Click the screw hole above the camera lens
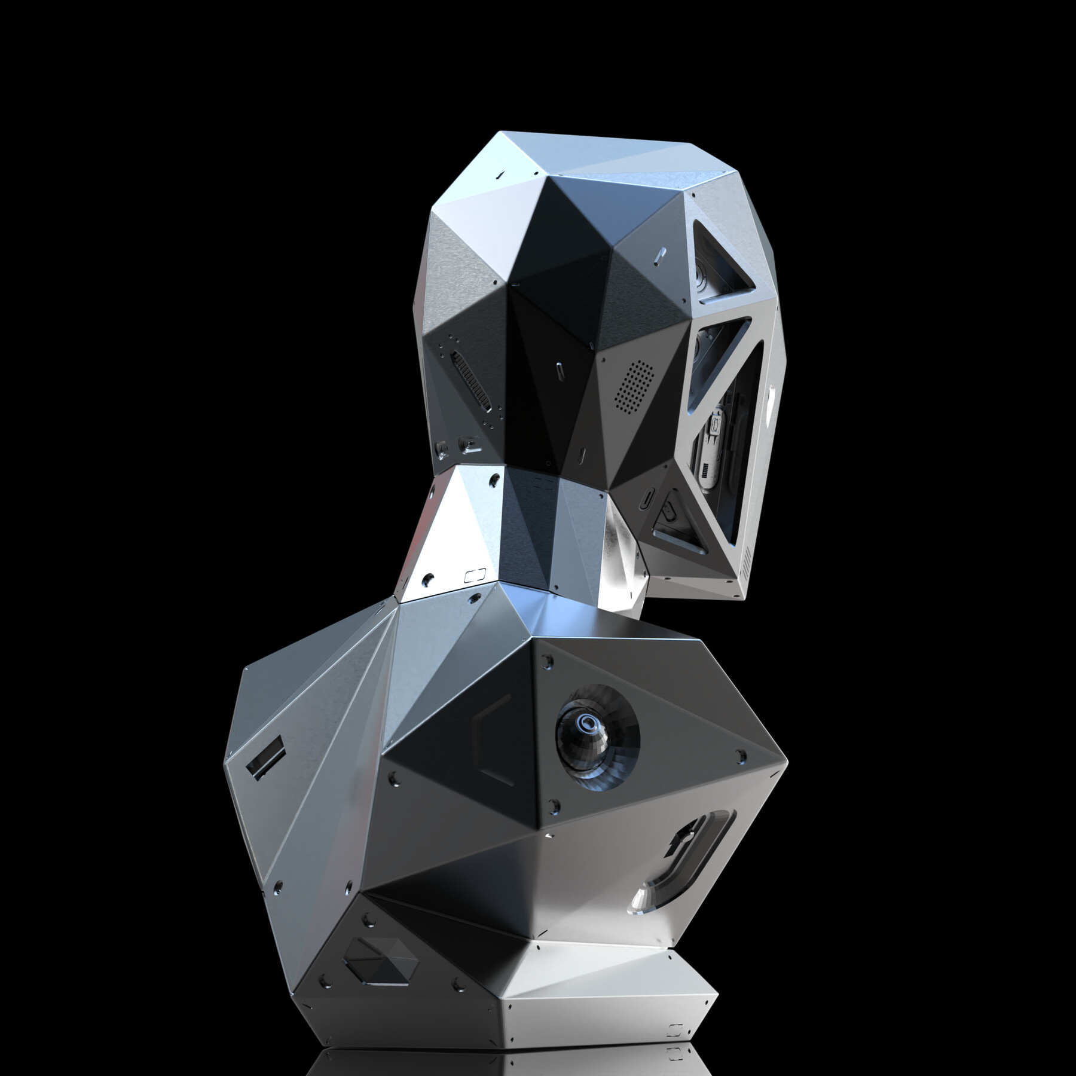547,662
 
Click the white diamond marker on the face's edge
772,393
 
